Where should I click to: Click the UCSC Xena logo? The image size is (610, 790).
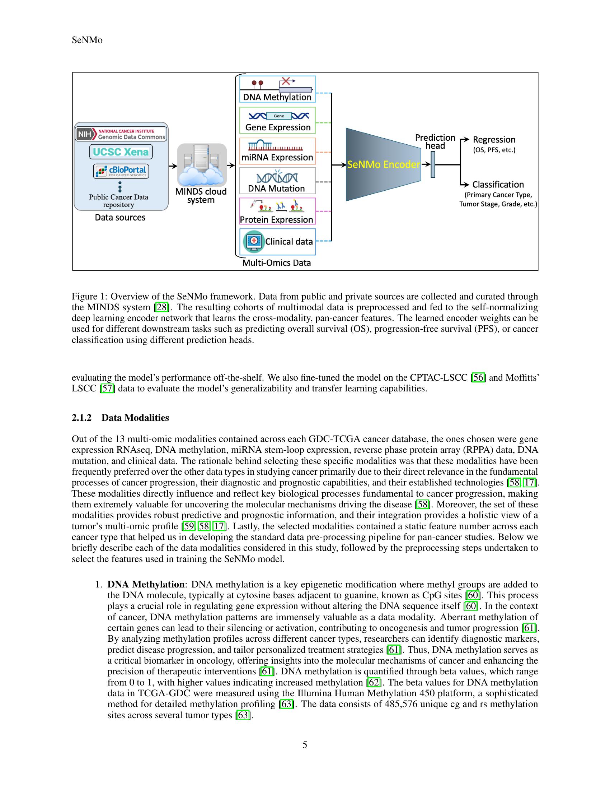(121, 152)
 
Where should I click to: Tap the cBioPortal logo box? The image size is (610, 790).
(121, 171)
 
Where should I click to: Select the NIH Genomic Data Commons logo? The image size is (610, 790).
(121, 134)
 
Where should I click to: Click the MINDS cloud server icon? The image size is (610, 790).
(202, 165)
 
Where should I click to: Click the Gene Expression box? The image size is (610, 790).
(277, 120)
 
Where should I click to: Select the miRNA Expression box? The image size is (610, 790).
(277, 151)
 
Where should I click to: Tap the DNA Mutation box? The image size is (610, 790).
(277, 181)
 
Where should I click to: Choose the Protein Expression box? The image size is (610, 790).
(277, 211)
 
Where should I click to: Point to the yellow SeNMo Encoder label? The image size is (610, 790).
(384, 164)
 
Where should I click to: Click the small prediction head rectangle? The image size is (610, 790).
(433, 164)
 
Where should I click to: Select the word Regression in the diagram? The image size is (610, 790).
(494, 140)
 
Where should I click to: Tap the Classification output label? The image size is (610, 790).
(498, 185)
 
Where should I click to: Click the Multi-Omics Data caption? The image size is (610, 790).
(276, 262)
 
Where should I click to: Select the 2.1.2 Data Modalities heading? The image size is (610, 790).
(120, 417)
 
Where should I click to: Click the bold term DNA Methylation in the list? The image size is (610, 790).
(146, 585)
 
